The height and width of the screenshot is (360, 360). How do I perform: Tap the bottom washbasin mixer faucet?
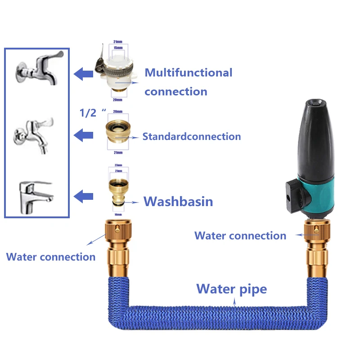(x=36, y=192)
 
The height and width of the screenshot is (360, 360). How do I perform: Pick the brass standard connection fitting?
(x=117, y=135)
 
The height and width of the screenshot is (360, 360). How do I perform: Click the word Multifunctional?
(x=189, y=72)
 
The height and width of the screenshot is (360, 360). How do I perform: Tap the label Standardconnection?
(x=192, y=136)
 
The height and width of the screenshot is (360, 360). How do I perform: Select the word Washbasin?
(x=178, y=201)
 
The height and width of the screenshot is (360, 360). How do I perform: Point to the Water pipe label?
(x=232, y=288)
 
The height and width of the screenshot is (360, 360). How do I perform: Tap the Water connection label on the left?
(x=51, y=257)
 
